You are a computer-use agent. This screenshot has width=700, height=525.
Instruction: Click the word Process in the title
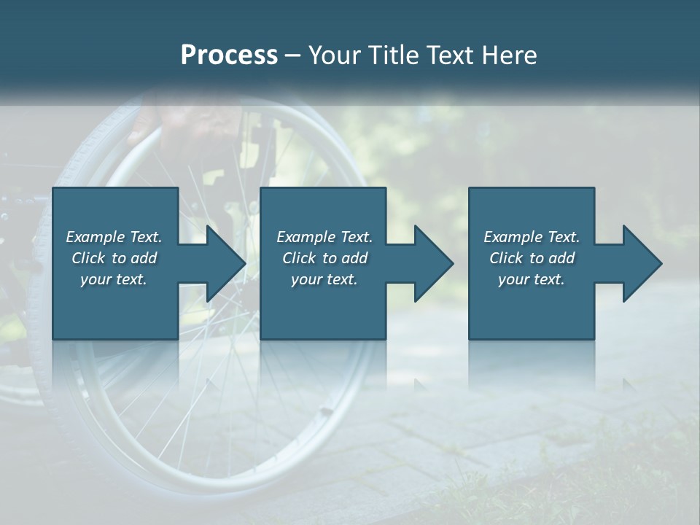click(x=229, y=55)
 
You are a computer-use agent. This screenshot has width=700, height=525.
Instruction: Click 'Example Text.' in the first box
click(x=114, y=237)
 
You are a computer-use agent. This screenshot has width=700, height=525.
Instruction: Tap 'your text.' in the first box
click(x=114, y=279)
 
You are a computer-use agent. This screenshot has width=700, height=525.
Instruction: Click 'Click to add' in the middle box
click(x=324, y=258)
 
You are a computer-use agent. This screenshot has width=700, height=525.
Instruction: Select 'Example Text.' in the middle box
click(x=324, y=237)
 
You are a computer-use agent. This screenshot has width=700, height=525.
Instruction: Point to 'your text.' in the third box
click(x=532, y=279)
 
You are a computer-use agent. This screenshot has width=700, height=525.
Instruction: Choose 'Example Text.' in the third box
click(x=532, y=237)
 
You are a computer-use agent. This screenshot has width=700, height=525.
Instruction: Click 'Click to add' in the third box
click(x=532, y=258)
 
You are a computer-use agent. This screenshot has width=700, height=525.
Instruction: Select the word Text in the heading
click(x=447, y=55)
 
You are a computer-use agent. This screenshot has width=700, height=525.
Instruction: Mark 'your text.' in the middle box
click(x=324, y=279)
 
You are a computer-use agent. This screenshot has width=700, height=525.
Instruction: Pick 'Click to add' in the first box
click(x=114, y=258)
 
